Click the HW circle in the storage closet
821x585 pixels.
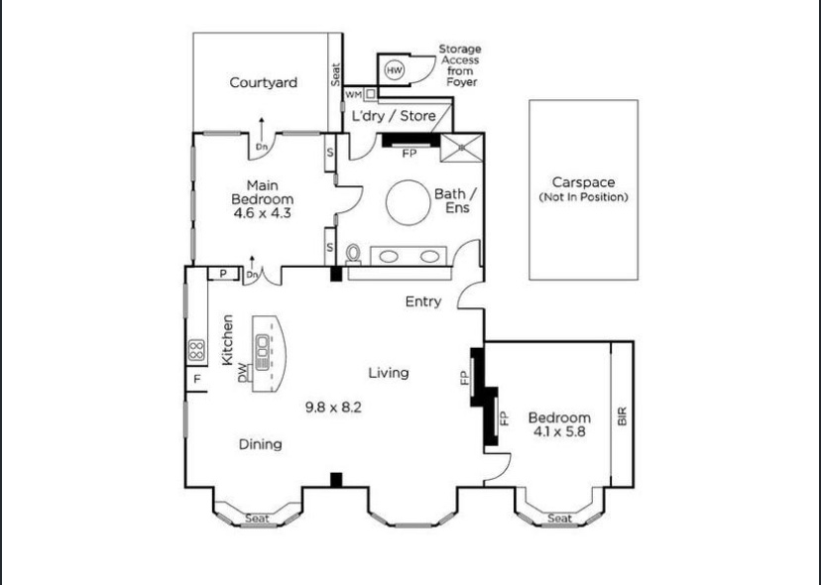[395, 70]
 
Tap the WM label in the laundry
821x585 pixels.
[353, 95]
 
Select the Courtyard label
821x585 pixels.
[264, 82]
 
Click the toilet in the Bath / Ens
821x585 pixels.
[354, 254]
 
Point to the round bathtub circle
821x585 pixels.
[409, 202]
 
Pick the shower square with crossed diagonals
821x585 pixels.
[461, 148]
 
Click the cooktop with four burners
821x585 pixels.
[196, 350]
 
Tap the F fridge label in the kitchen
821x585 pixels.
[197, 379]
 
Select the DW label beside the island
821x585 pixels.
[242, 373]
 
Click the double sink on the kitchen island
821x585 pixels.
[262, 351]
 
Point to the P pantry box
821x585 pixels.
[223, 274]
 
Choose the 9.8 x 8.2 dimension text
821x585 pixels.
[333, 408]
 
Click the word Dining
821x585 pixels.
[260, 444]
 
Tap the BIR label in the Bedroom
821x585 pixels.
[623, 416]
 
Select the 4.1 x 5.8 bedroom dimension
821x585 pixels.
[559, 431]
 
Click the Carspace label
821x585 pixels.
[583, 182]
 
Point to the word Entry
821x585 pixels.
[423, 301]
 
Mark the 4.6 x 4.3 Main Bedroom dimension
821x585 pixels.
[262, 213]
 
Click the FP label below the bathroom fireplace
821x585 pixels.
[410, 154]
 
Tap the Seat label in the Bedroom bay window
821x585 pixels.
[559, 519]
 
